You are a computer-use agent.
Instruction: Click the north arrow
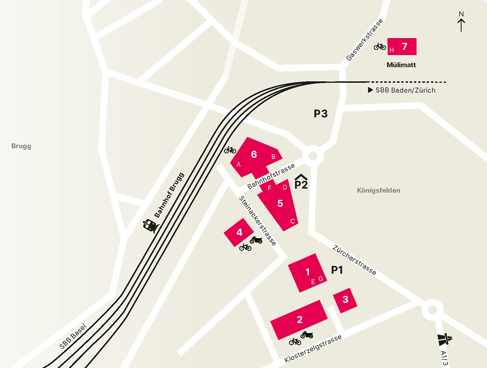click(x=461, y=22)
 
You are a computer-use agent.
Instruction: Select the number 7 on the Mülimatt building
click(x=404, y=46)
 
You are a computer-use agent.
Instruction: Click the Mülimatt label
click(x=401, y=65)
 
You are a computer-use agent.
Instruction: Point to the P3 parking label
click(x=321, y=114)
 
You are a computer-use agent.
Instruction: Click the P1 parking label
click(x=337, y=270)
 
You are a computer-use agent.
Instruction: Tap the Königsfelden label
click(x=379, y=190)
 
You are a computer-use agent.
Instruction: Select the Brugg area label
click(x=21, y=146)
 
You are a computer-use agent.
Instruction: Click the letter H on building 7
click(x=392, y=50)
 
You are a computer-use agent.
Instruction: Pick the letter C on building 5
click(x=292, y=221)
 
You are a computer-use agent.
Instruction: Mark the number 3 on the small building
click(x=345, y=300)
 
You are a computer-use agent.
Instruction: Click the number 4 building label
click(x=239, y=232)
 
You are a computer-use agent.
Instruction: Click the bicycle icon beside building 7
click(x=380, y=47)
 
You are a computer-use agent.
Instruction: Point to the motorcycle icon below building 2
click(x=307, y=335)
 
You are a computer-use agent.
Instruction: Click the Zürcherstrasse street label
click(x=354, y=260)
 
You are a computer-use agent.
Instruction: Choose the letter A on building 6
click(x=239, y=165)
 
